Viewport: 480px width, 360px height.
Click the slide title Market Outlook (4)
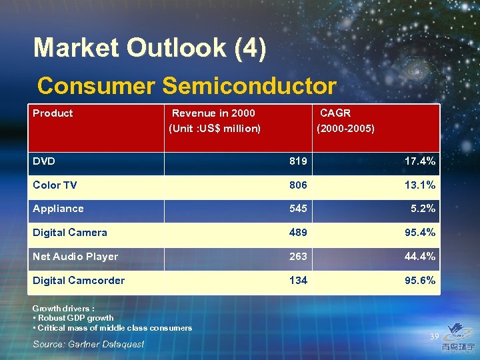[150, 48]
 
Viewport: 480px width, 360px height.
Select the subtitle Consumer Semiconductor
[187, 86]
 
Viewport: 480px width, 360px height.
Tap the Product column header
[53, 113]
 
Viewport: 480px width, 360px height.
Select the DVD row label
[44, 161]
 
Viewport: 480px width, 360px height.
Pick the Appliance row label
[58, 209]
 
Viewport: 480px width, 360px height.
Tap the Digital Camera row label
[70, 233]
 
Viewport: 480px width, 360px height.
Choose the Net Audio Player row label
[75, 257]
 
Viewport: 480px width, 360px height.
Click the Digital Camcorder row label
[79, 281]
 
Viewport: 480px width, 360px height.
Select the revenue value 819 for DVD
[298, 161]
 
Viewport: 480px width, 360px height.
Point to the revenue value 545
[298, 209]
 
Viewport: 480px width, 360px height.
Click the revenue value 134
[298, 281]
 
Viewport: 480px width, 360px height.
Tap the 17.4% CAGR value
[420, 161]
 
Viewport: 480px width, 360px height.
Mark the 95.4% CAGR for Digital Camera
[420, 233]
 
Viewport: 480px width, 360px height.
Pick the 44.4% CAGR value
[420, 257]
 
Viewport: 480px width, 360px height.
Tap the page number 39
[434, 337]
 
